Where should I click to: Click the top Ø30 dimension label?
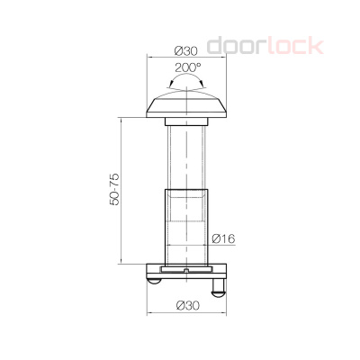(x=186, y=51)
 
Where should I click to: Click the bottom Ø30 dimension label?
(x=188, y=306)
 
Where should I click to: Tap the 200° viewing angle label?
(x=188, y=67)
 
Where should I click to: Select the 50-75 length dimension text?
(x=114, y=189)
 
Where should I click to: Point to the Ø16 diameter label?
(x=223, y=238)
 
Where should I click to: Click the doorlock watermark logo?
(x=265, y=46)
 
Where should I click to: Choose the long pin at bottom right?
(x=219, y=287)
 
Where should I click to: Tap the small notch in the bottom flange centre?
(x=186, y=271)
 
